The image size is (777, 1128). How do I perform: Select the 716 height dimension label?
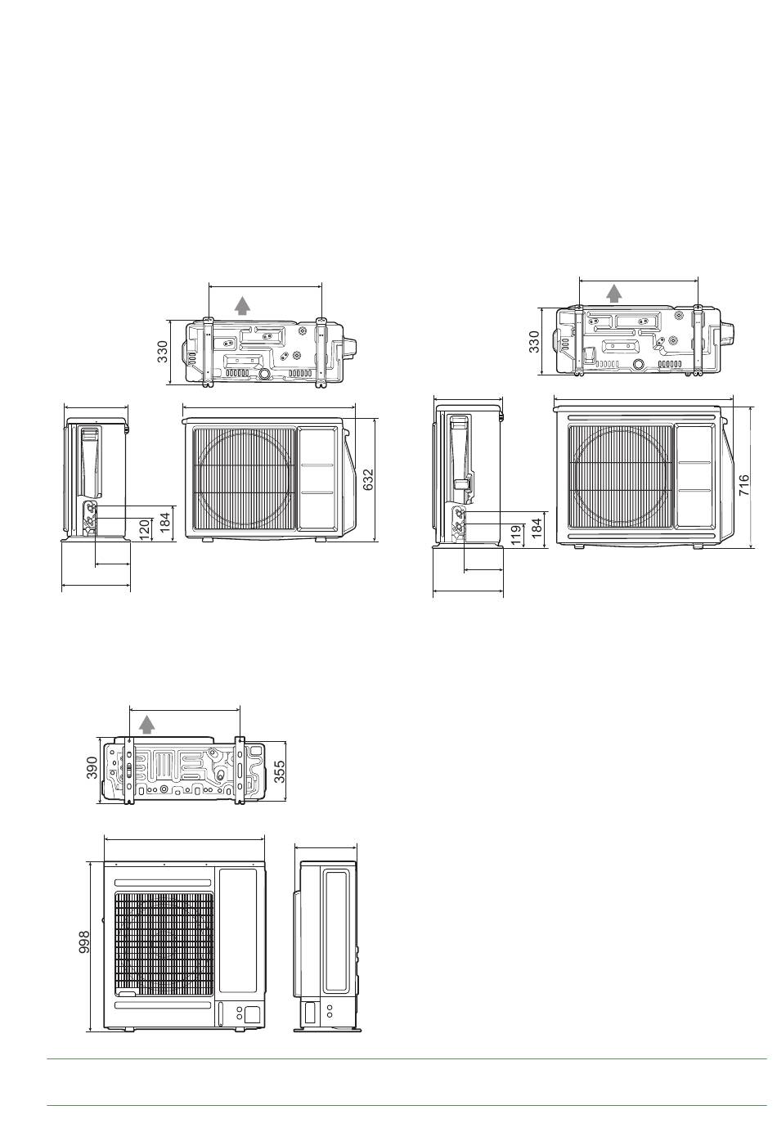tap(743, 485)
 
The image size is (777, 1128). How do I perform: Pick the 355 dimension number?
tap(279, 771)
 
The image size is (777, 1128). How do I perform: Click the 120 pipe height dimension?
tap(145, 530)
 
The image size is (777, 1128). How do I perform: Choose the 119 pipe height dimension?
tap(516, 536)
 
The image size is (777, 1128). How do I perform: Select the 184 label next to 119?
tap(537, 529)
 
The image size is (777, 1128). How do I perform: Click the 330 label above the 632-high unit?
tap(162, 352)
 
